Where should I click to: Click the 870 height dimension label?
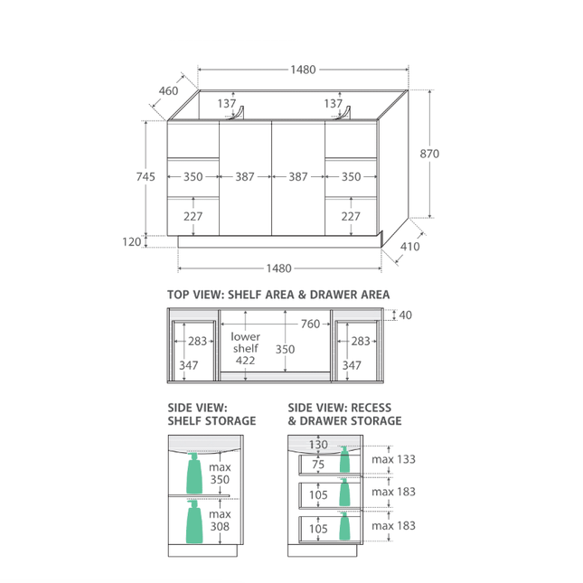(x=429, y=154)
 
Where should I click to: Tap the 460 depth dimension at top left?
(x=168, y=90)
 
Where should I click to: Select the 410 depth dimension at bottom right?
(x=409, y=247)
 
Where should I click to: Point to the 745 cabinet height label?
(x=146, y=176)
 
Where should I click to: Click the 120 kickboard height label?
(x=132, y=241)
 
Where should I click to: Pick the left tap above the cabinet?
(x=237, y=113)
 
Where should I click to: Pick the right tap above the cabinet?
(x=343, y=113)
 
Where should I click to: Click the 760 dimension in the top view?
(x=310, y=324)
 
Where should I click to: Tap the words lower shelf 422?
(x=245, y=348)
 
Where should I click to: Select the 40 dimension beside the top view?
(x=405, y=315)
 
